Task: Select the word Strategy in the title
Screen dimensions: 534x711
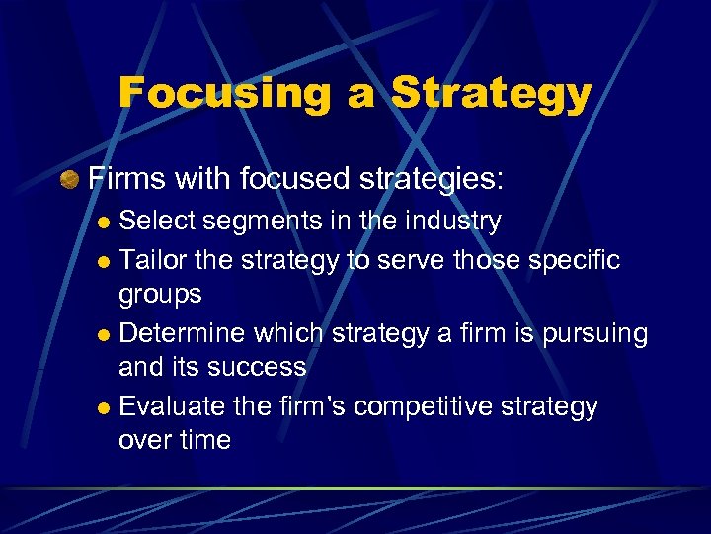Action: pyautogui.click(x=491, y=94)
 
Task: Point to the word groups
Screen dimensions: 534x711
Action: pyautogui.click(x=160, y=295)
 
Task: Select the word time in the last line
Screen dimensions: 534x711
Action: pyautogui.click(x=203, y=440)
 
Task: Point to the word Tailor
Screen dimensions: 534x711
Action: pyautogui.click(x=150, y=259)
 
